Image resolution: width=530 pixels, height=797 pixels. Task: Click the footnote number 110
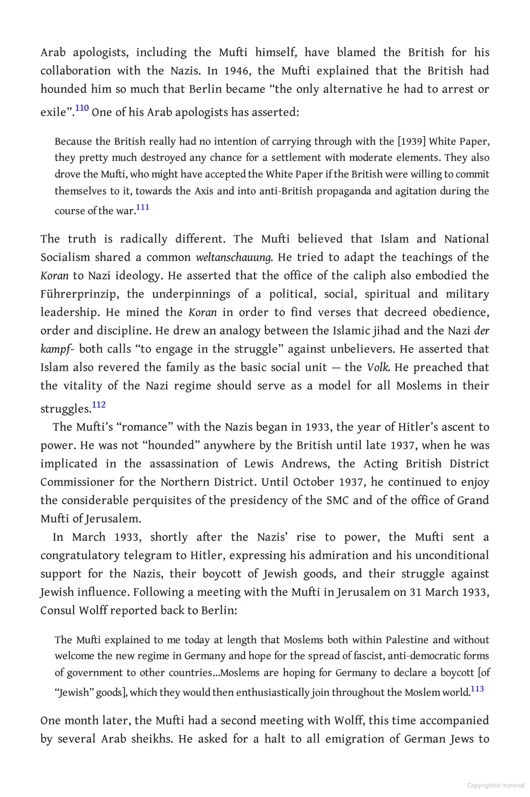[x=82, y=108]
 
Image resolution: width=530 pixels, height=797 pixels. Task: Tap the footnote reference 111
[x=143, y=207]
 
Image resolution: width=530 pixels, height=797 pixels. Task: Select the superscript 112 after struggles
[x=99, y=404]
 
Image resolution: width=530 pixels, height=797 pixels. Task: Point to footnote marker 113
[x=477, y=689]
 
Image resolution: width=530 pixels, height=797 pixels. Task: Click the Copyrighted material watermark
[x=495, y=786]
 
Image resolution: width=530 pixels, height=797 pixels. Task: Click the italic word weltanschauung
[x=234, y=258]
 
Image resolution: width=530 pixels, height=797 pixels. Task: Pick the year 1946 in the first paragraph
[x=237, y=71]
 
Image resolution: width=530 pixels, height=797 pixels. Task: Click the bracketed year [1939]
[x=412, y=141]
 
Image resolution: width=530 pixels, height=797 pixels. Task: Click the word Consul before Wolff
[x=58, y=611]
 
